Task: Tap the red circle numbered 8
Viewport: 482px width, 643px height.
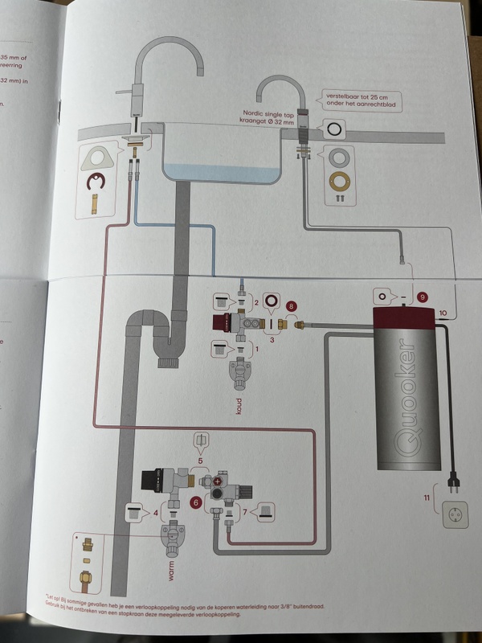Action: point(292,306)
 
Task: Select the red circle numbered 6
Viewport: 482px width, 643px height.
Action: point(194,502)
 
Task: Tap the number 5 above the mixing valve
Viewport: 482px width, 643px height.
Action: point(199,462)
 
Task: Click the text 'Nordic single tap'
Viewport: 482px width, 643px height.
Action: point(259,114)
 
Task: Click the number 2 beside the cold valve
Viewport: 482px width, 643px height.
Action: point(256,301)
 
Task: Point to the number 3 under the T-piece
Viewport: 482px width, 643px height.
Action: point(272,340)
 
